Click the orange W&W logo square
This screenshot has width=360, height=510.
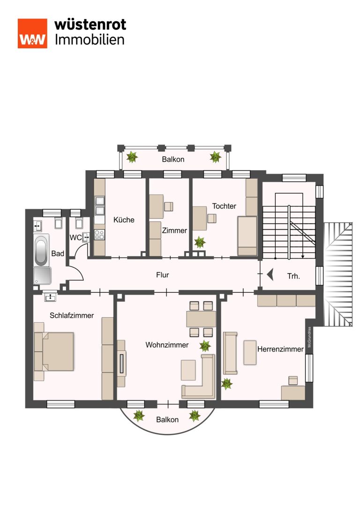pyautogui.click(x=32, y=33)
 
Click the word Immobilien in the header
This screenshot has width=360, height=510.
pyautogui.click(x=90, y=40)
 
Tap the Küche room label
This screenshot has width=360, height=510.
pyautogui.click(x=124, y=220)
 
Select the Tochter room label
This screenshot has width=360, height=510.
pyautogui.click(x=224, y=206)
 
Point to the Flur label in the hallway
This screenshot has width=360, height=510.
pyautogui.click(x=163, y=275)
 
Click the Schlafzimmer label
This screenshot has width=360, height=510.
pyautogui.click(x=71, y=315)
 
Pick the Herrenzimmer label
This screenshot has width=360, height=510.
pyautogui.click(x=280, y=349)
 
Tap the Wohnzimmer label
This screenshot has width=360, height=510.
pyautogui.click(x=167, y=345)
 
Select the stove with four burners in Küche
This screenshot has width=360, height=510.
pyautogui.click(x=99, y=235)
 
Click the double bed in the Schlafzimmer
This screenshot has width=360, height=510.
pyautogui.click(x=54, y=351)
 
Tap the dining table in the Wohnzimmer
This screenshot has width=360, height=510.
pyautogui.click(x=201, y=319)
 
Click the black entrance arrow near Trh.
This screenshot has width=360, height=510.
pyautogui.click(x=270, y=274)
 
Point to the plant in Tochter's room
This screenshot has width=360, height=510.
pyautogui.click(x=200, y=242)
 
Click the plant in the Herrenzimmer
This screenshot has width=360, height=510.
pyautogui.click(x=227, y=384)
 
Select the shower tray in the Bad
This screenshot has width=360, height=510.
pyautogui.click(x=42, y=276)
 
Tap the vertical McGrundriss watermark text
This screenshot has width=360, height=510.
pyautogui.click(x=309, y=337)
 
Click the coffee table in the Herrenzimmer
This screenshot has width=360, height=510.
pyautogui.click(x=250, y=352)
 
